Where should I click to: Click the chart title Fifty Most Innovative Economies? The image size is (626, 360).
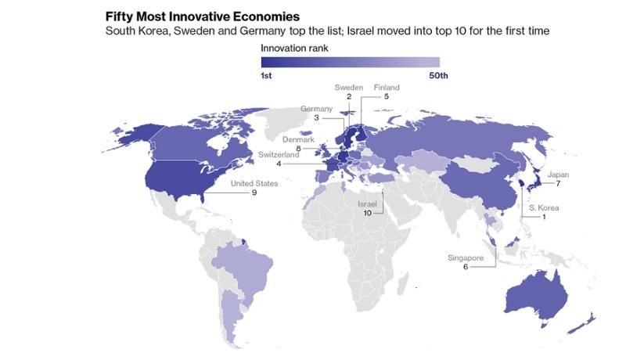coord(191,15)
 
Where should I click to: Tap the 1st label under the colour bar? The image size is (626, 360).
coord(268,75)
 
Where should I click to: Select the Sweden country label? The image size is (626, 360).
coord(349,87)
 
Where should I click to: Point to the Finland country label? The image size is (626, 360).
coord(387,87)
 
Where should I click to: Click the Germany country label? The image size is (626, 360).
coord(317,109)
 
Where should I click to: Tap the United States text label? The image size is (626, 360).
coord(255,184)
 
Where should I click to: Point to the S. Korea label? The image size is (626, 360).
coord(543,207)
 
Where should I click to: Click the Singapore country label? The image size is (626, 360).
coord(466,257)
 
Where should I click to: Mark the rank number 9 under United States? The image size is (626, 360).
coord(255,193)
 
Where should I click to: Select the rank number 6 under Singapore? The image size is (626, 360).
coord(466,267)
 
